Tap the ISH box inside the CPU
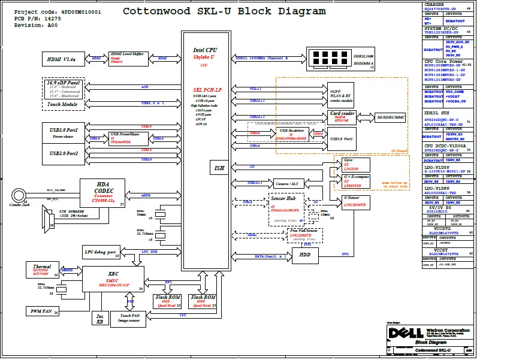tap(219, 168)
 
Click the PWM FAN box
tap(43, 311)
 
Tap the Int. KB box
tap(100, 319)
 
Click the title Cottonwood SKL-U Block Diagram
tap(224, 11)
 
